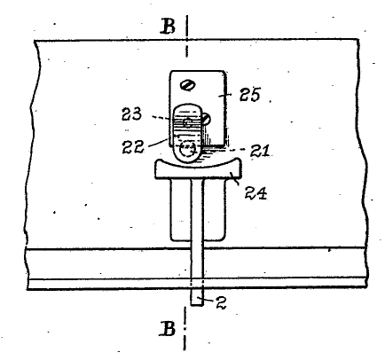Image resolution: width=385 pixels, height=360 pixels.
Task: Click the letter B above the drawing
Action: click(x=168, y=26)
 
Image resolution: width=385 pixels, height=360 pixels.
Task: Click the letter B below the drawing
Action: click(x=168, y=328)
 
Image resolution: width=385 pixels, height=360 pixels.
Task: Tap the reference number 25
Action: click(x=250, y=95)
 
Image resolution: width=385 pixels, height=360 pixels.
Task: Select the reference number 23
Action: click(x=132, y=114)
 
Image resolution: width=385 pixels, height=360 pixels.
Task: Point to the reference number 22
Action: click(x=133, y=146)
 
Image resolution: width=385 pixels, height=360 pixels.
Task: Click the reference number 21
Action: click(x=260, y=151)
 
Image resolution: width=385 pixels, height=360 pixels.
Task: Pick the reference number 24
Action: click(x=255, y=193)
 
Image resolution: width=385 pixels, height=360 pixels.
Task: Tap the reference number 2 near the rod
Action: click(x=221, y=302)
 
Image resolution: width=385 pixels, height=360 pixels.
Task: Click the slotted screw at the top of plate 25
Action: click(x=188, y=85)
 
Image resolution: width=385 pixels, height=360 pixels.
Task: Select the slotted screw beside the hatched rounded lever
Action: click(x=207, y=119)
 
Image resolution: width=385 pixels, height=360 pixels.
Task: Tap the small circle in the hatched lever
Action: click(x=187, y=122)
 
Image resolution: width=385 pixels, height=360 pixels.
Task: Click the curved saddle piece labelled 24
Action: click(x=199, y=171)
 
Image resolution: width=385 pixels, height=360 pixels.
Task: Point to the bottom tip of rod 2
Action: click(x=197, y=306)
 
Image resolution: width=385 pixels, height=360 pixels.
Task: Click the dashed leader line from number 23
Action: click(x=161, y=118)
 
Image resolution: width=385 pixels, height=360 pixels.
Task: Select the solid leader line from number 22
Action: click(x=157, y=143)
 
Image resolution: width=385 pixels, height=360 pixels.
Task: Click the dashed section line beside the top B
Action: click(x=186, y=36)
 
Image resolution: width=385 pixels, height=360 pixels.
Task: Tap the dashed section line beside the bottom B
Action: click(x=185, y=329)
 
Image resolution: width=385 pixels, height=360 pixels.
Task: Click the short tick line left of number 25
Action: click(x=225, y=95)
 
